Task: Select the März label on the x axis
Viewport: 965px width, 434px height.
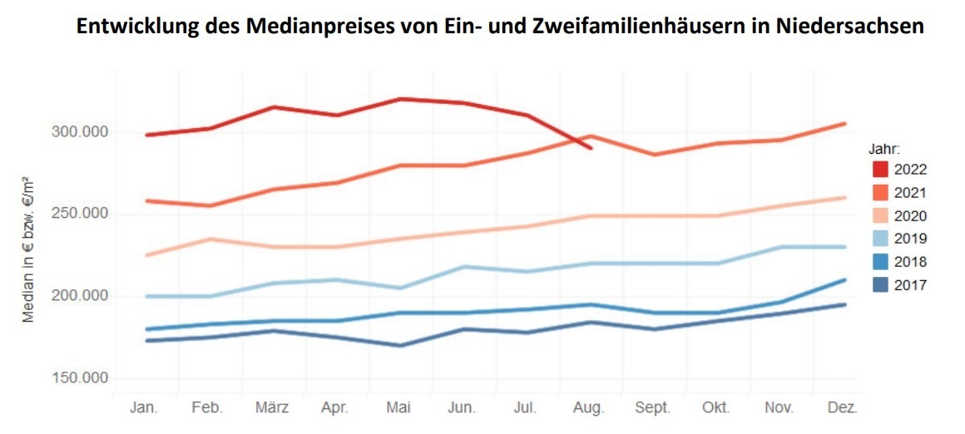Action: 272,408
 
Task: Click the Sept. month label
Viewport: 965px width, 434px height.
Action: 653,408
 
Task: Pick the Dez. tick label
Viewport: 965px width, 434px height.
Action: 843,408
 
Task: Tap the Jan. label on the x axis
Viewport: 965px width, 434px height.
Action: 146,408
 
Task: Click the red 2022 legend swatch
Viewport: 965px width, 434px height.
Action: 880,170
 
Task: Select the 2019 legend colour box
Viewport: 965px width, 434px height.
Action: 880,239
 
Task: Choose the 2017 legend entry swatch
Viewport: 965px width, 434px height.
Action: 880,286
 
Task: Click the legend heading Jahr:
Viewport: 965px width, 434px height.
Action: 883,150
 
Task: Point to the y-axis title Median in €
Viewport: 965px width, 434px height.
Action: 28,249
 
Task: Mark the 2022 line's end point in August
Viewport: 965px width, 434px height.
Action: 590,148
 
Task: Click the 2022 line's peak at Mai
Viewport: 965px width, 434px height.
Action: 399,99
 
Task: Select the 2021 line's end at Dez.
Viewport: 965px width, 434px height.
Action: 845,124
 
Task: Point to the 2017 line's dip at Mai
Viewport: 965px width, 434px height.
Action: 399,345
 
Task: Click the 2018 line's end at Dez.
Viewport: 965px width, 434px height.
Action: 845,279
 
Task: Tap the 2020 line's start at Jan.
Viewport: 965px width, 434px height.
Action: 146,255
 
